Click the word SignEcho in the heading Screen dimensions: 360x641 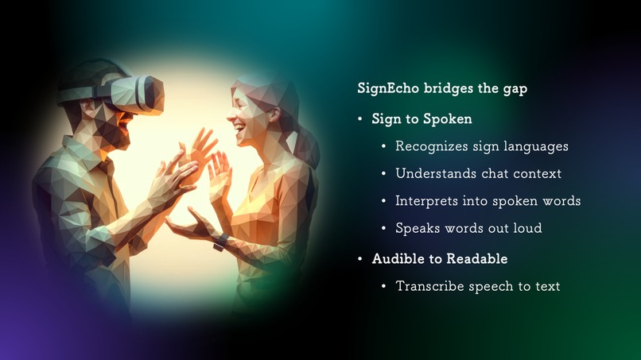point(387,88)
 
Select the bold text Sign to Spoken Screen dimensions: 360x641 point(422,119)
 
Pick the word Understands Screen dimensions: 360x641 point(434,173)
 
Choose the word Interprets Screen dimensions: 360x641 point(427,201)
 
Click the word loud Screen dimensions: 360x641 point(526,228)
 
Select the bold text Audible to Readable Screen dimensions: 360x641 point(439,259)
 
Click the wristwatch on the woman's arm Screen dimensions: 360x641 point(220,240)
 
